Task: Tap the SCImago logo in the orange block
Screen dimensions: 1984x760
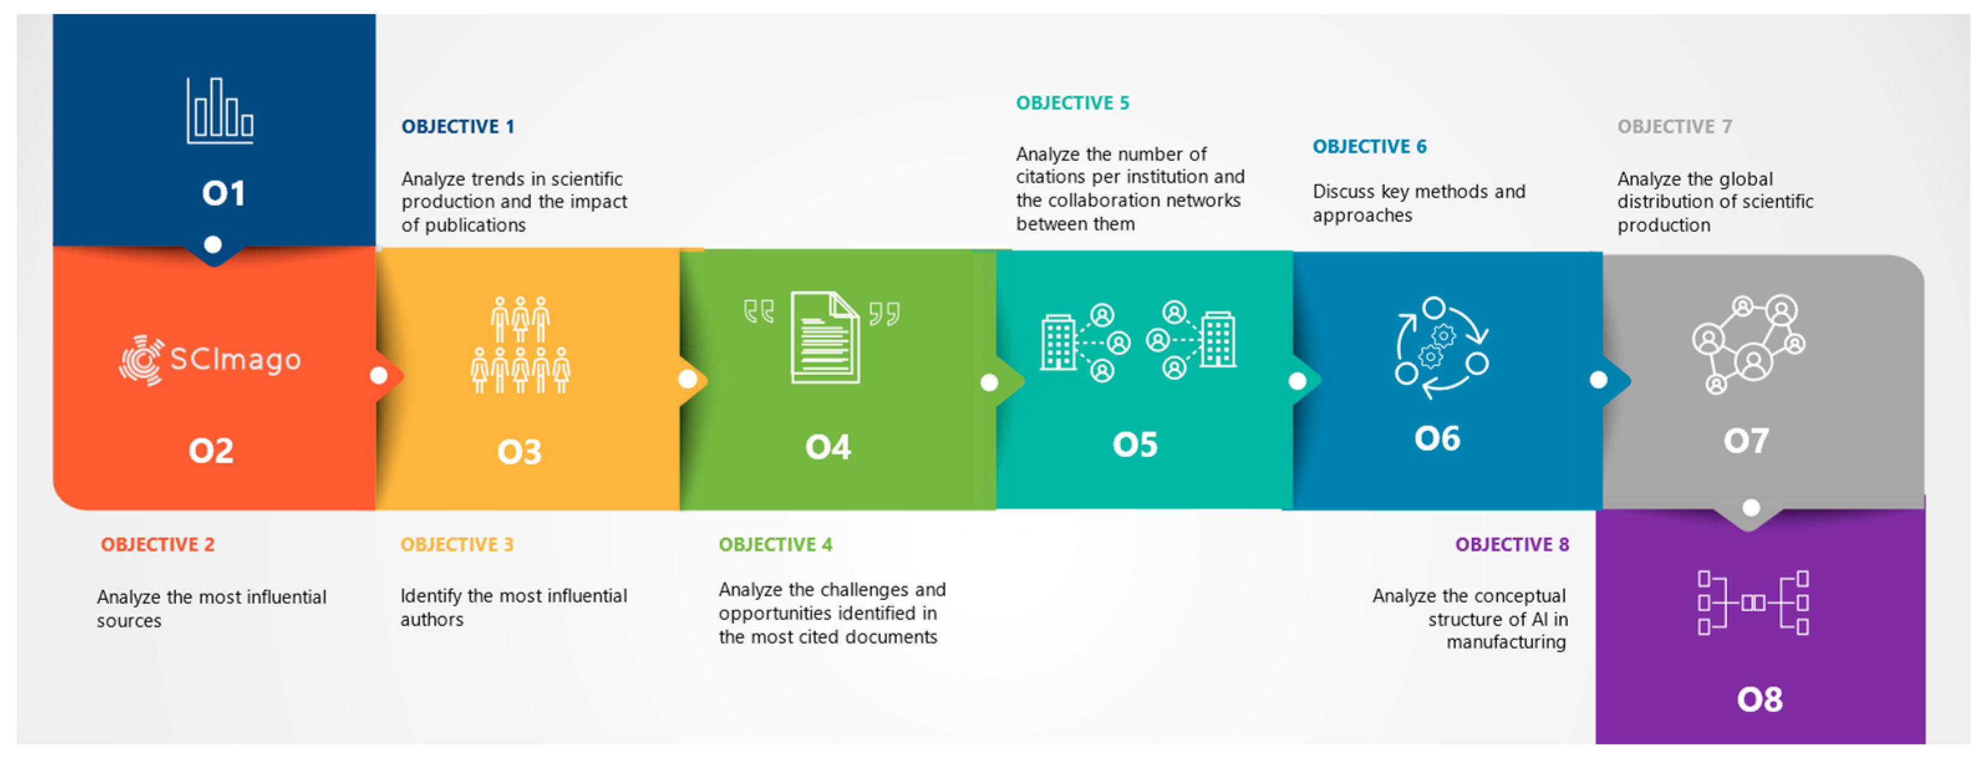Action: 210,359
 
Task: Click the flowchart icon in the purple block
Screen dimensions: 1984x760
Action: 1753,602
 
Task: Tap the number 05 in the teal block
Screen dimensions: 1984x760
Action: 1135,444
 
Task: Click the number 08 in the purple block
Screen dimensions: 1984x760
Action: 1759,699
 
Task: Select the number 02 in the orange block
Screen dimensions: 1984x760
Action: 210,450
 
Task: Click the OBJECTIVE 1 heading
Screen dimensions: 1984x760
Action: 457,126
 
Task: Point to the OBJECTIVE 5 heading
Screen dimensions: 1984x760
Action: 1072,103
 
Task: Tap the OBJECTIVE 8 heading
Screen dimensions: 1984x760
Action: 1512,544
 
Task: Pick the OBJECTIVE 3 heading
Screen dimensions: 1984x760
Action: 457,544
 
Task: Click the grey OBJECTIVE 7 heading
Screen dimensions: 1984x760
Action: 1674,126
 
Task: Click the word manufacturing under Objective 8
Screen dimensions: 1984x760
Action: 1506,642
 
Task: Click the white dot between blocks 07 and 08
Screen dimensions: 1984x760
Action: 1751,507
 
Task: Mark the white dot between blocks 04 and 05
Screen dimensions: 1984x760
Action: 989,382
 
